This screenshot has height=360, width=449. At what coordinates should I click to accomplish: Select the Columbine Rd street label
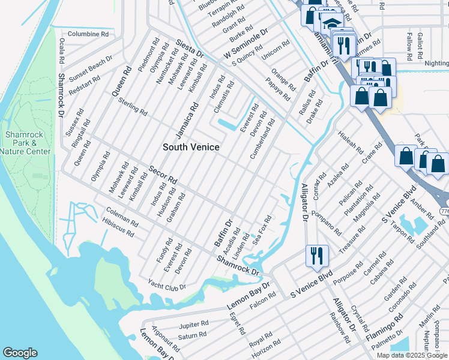tap(88, 34)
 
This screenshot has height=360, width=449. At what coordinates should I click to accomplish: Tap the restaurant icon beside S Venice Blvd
tap(316, 256)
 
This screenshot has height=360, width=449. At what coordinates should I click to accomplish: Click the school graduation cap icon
tap(330, 23)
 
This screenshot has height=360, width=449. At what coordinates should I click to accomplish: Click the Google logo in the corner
tap(20, 353)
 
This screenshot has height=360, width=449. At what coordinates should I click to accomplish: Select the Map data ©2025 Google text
tap(412, 355)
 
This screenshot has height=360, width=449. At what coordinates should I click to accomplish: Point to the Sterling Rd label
tap(133, 106)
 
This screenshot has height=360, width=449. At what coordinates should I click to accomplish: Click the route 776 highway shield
tap(444, 212)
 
